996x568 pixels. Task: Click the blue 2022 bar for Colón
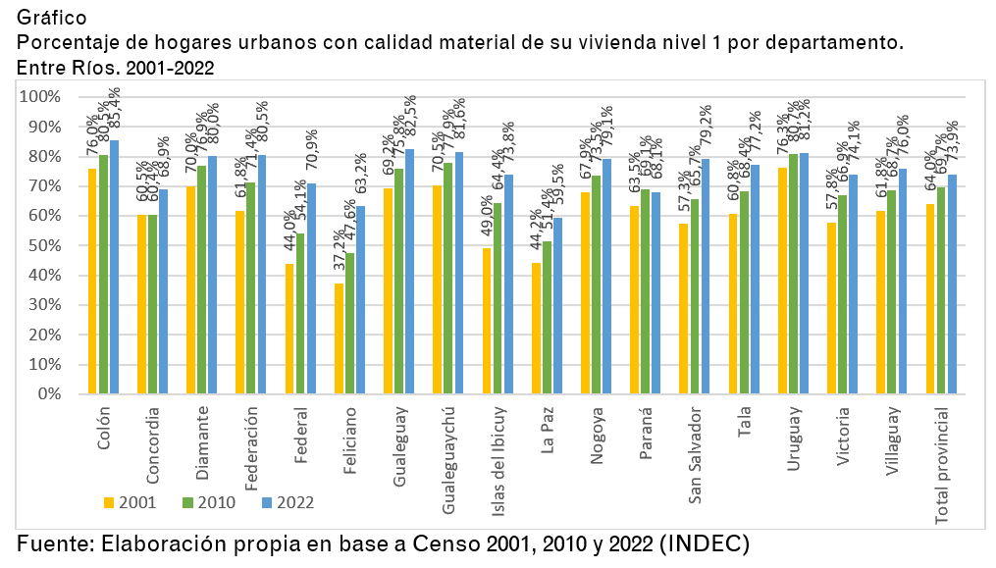click(114, 267)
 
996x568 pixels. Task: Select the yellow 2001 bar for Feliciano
click(340, 338)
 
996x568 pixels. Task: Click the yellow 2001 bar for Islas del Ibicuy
click(487, 321)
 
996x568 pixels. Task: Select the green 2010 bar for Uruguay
click(793, 274)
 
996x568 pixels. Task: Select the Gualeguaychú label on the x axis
click(448, 460)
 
